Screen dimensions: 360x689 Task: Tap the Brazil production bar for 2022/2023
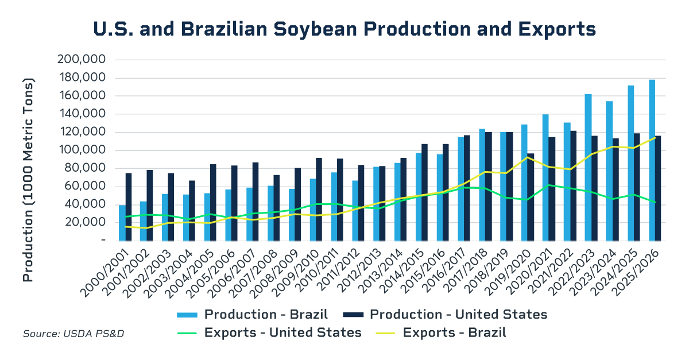point(588,167)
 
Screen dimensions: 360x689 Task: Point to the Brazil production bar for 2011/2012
point(355,210)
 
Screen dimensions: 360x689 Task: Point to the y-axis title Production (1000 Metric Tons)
point(28,155)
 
